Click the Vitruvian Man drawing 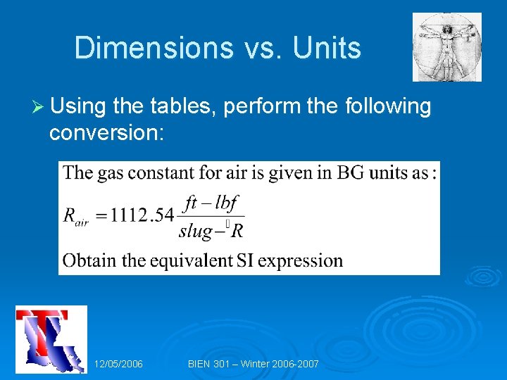tap(447, 47)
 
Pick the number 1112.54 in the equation tap(142, 215)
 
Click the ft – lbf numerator tap(211, 204)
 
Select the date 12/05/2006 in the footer tap(118, 364)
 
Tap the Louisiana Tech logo tap(51, 339)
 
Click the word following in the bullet tap(388, 107)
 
